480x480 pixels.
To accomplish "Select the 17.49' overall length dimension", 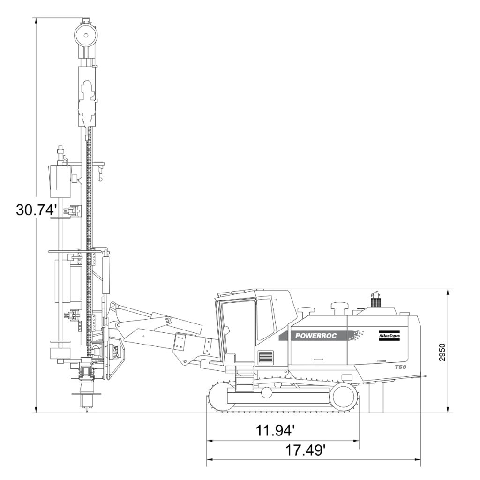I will pos(306,450).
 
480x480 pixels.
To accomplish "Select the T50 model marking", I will pos(400,367).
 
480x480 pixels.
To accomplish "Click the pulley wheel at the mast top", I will pos(86,35).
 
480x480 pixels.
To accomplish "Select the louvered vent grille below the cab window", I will pos(265,357).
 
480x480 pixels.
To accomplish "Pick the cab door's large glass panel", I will pos(238,331).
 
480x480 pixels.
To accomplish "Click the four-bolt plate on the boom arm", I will pos(180,341).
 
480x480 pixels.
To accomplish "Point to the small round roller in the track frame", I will pos(266,392).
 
